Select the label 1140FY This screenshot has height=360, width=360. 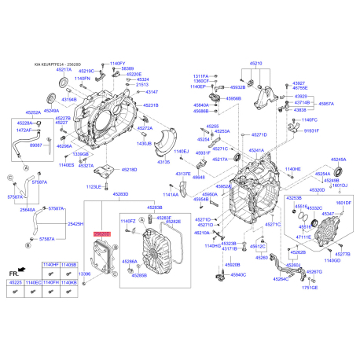pyautogui.click(x=117, y=62)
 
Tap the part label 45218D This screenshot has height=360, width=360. pyautogui.click(x=128, y=170)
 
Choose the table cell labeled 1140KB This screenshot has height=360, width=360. pyautogui.click(x=69, y=303)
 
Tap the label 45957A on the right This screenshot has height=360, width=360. pyautogui.click(x=325, y=103)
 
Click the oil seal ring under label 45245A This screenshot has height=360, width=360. pyautogui.click(x=336, y=171)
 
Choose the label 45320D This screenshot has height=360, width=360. pyautogui.click(x=317, y=190)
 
